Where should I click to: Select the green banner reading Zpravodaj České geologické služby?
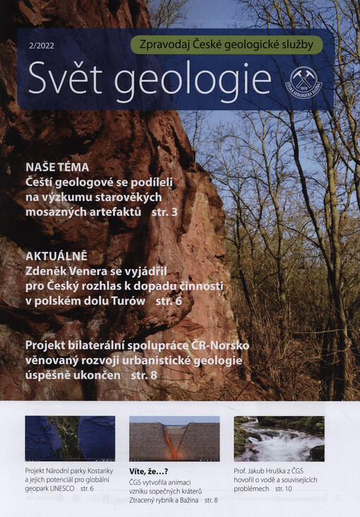coord(227,44)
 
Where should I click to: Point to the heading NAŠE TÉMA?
coord(57,167)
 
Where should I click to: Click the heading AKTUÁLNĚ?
coord(57,255)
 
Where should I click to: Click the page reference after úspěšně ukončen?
coord(145,376)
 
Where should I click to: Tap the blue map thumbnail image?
coord(70,438)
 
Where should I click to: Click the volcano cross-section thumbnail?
coord(174,438)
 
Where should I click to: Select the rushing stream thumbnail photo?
coord(279,438)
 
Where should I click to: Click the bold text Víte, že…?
coord(148,470)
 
